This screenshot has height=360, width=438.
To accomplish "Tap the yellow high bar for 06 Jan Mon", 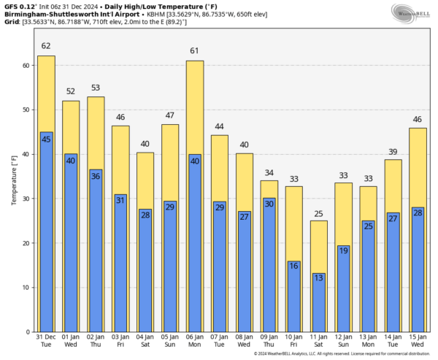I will point(195,110).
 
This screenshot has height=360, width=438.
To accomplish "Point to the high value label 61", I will point(195,52).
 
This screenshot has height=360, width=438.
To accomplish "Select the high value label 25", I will point(319,213).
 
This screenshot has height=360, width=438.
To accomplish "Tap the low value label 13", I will point(319,278).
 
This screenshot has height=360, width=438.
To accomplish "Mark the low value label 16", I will point(294,266).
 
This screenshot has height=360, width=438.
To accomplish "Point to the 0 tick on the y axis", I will point(27,332).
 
